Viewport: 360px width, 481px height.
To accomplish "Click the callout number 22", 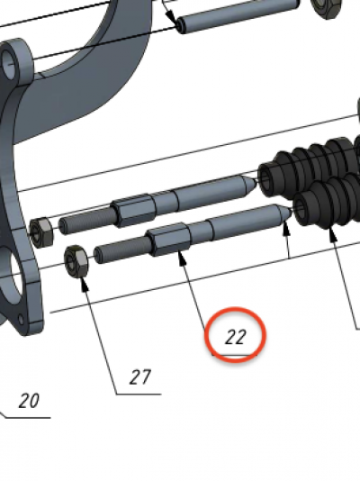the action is click(x=235, y=337).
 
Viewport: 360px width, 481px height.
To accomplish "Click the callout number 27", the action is click(x=140, y=377).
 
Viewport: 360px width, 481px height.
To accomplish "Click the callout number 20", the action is click(x=29, y=401).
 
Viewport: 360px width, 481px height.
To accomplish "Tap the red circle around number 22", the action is click(x=235, y=308).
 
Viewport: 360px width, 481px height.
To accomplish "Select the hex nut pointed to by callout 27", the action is click(x=76, y=261).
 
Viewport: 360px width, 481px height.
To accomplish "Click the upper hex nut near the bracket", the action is click(x=41, y=232).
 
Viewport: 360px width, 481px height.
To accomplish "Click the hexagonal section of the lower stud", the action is click(x=168, y=239).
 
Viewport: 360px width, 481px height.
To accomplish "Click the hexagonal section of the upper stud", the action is click(x=133, y=210).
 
